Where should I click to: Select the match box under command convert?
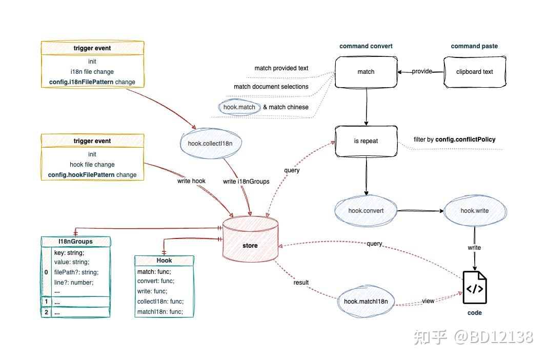pos(366,72)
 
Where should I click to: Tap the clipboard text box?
pos(474,72)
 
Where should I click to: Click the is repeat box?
pos(366,141)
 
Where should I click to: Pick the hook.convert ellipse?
pos(366,210)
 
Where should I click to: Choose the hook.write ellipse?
pos(474,210)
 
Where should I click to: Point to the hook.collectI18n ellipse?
pos(210,144)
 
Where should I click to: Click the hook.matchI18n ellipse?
pos(366,302)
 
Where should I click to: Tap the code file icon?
pos(474,288)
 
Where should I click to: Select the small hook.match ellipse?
pos(239,107)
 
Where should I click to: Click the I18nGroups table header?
pos(75,242)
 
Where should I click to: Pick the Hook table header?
pos(164,261)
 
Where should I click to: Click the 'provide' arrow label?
pos(422,71)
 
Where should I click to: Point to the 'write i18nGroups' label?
pos(246,181)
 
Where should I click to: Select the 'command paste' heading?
pos(474,46)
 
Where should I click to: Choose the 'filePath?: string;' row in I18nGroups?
pos(76,272)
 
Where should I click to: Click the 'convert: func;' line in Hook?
pos(156,281)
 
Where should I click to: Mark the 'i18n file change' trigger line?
pos(92,72)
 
